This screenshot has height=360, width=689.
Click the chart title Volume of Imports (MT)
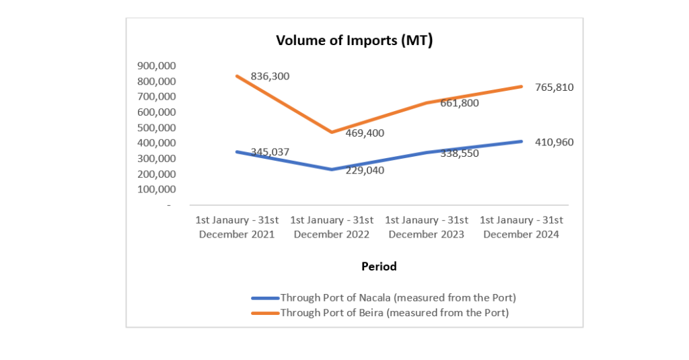click(x=354, y=40)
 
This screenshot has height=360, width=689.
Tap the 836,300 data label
click(x=270, y=77)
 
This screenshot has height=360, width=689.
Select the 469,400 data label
click(x=365, y=133)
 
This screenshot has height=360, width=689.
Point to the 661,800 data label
click(x=459, y=103)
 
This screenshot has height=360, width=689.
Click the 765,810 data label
click(x=554, y=87)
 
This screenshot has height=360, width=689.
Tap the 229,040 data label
click(x=365, y=170)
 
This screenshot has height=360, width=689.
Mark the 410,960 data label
click(x=554, y=142)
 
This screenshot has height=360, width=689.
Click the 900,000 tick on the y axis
click(x=156, y=65)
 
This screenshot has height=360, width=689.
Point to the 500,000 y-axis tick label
click(x=156, y=127)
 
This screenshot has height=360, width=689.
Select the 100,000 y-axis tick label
click(x=156, y=189)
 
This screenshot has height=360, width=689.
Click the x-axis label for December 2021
click(x=237, y=227)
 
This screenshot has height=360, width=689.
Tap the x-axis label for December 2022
click(x=332, y=227)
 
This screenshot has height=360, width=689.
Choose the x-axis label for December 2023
click(x=426, y=227)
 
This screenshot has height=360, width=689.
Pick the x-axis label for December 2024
click(x=521, y=227)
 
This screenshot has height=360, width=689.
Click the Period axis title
click(x=379, y=266)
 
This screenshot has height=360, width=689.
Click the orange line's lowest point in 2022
click(x=331, y=132)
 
